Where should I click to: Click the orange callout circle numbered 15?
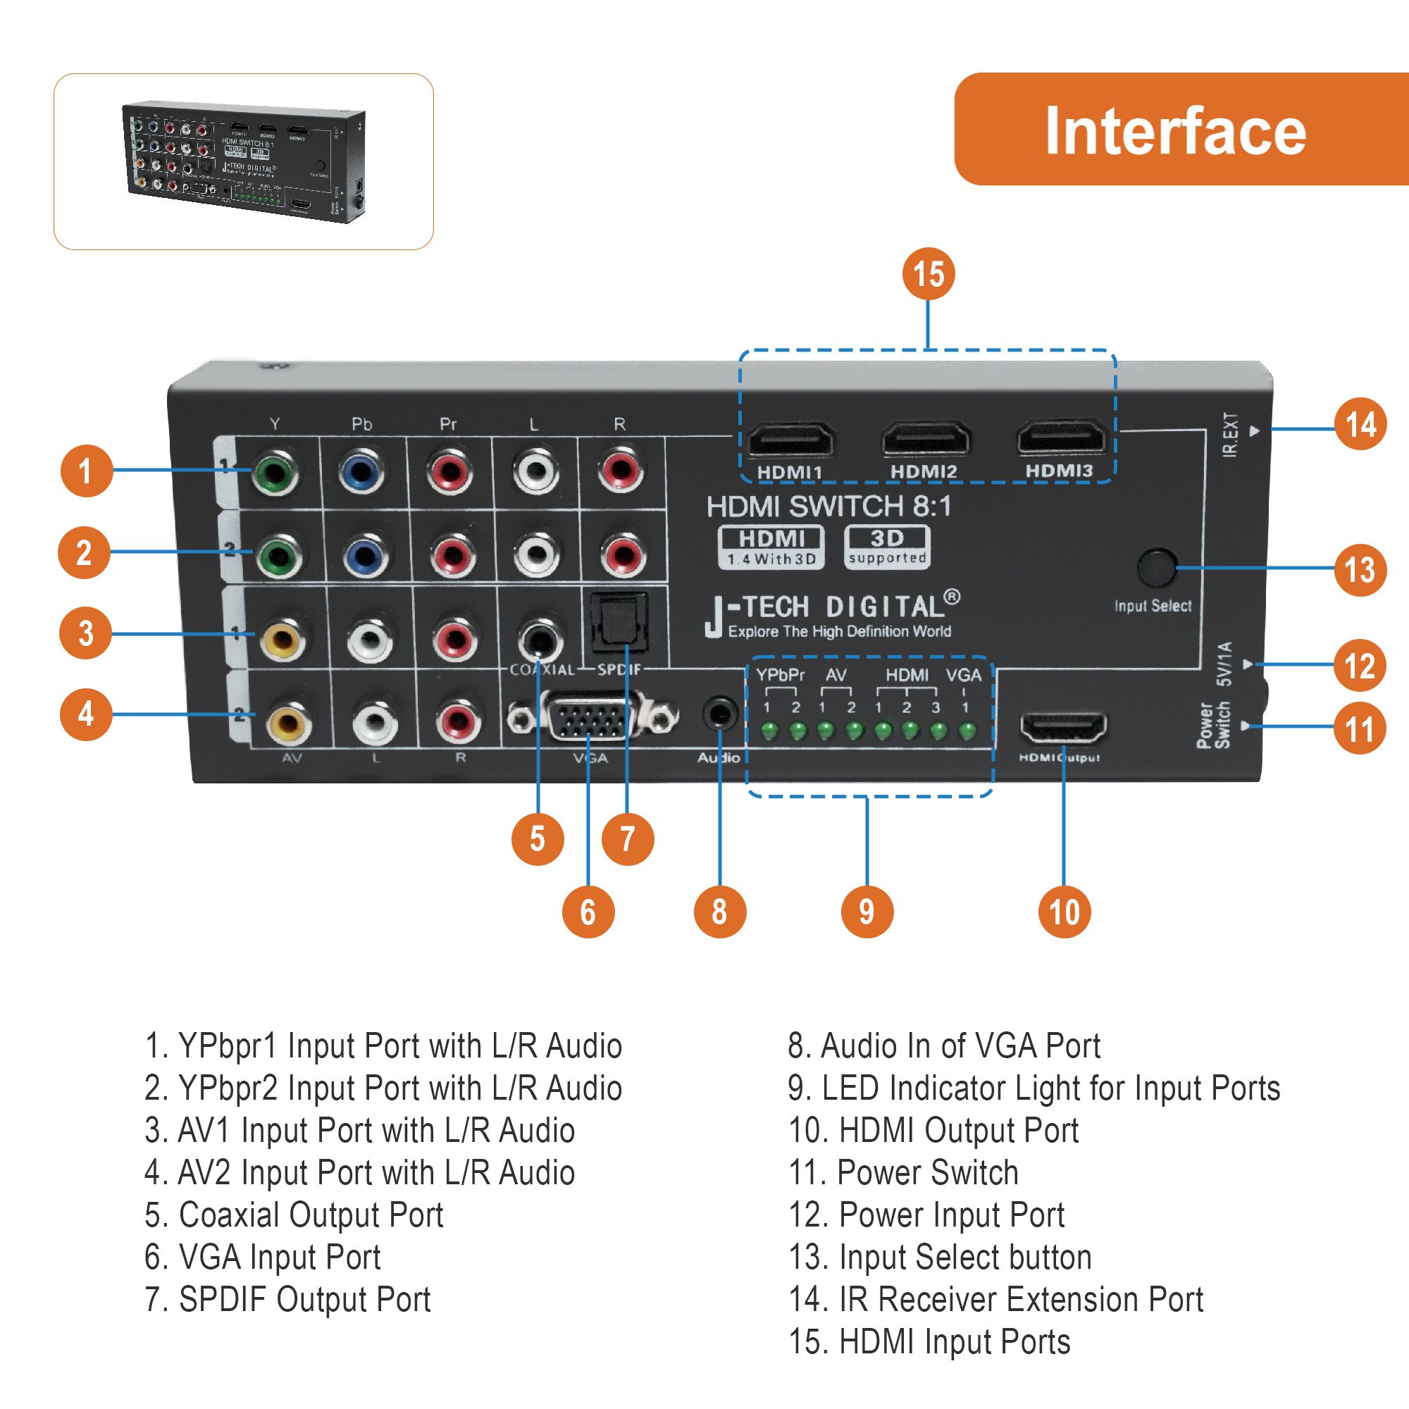pos(928,274)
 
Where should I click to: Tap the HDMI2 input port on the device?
pos(926,440)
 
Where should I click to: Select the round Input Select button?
pos(1157,568)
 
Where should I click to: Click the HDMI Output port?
pos(1062,728)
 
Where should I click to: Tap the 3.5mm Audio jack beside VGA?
pos(719,714)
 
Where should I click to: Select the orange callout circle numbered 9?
pos(867,912)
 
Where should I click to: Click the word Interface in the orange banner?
pos(1175,131)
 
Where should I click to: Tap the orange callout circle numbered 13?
pos(1360,569)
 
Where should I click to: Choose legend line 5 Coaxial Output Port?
pos(294,1215)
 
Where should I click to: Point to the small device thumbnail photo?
pos(244,162)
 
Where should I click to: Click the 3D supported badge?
pos(887,547)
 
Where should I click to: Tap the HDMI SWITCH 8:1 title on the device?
pos(829,506)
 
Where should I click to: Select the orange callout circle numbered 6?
pos(588,912)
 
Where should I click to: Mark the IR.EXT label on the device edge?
pos(1231,435)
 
